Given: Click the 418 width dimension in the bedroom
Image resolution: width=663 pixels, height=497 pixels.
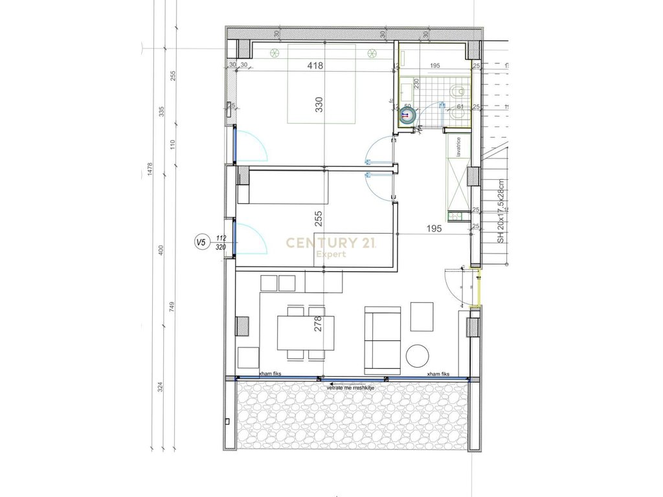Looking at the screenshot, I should click(x=315, y=65).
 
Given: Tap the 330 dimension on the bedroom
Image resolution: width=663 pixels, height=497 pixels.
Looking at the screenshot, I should click(x=319, y=105).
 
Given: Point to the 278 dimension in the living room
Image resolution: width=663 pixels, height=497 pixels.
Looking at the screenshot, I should click(x=318, y=323).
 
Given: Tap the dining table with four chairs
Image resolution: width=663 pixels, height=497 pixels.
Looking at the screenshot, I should click(x=307, y=333).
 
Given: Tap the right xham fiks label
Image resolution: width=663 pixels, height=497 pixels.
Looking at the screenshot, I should click(x=438, y=375).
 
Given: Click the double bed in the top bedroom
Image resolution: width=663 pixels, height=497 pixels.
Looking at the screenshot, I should click(x=322, y=84).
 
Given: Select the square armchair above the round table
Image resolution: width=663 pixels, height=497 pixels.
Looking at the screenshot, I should click(x=422, y=317).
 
